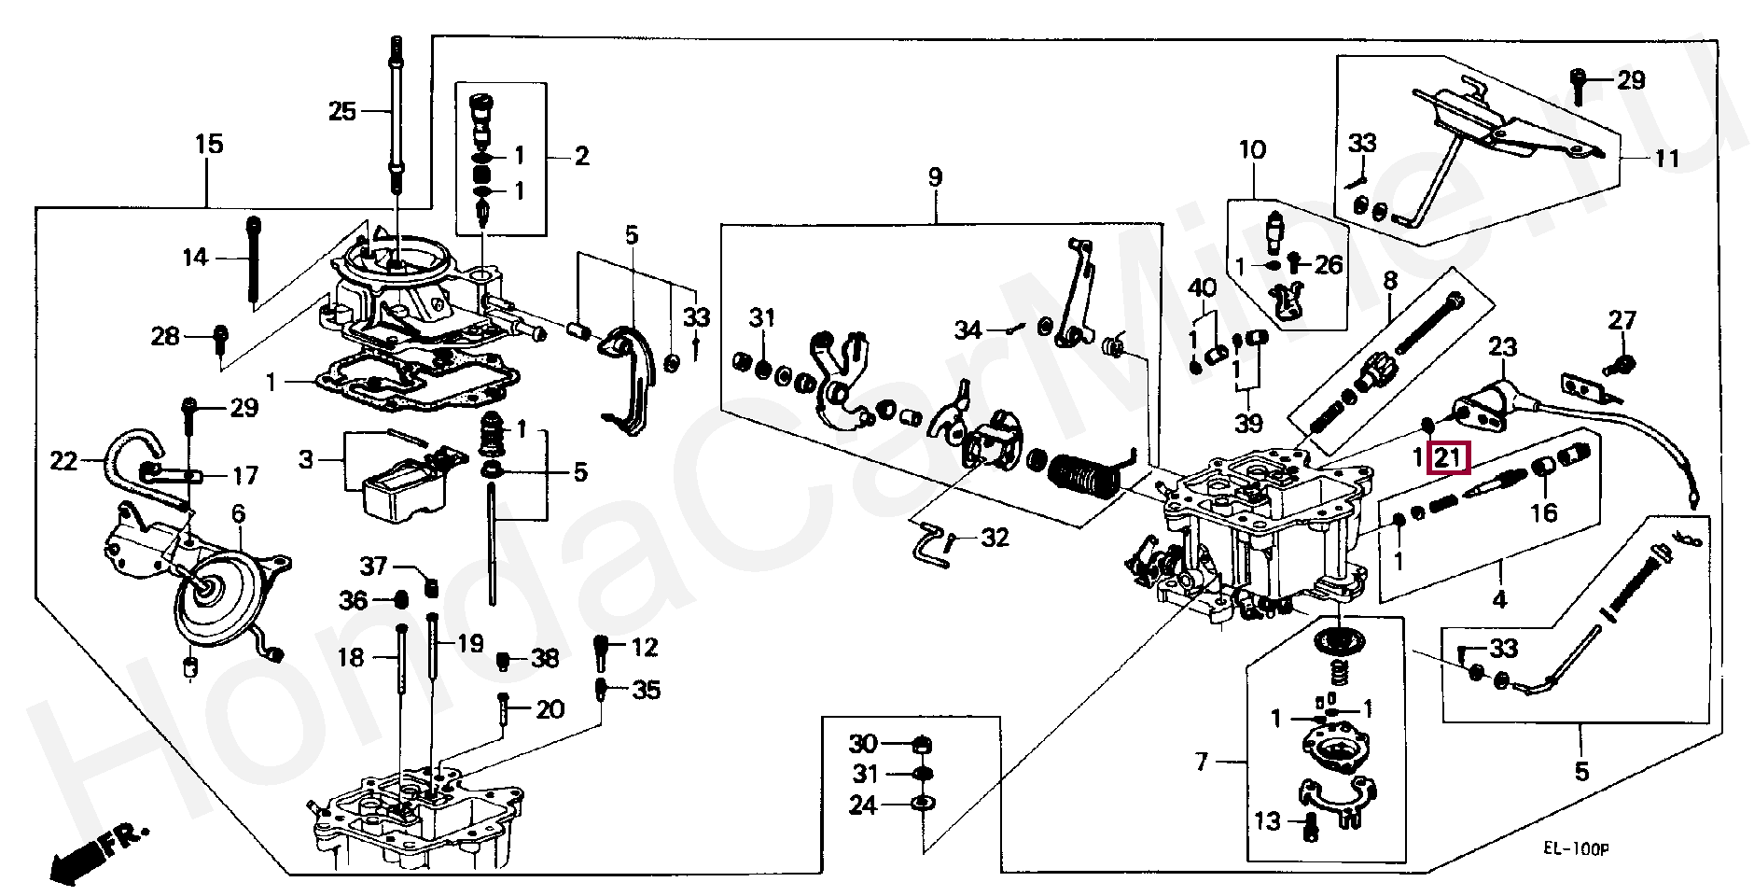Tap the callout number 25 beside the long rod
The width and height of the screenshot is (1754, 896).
click(x=342, y=112)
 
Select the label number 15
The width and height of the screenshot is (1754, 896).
click(x=209, y=144)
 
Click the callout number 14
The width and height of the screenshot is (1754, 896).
click(x=195, y=257)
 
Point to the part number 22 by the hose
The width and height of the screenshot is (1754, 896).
click(x=63, y=460)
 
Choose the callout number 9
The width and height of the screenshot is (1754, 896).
click(x=935, y=176)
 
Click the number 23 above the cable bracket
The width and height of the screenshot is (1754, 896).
click(x=1502, y=347)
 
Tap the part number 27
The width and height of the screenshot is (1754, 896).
click(x=1622, y=320)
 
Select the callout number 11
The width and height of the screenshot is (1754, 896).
click(x=1666, y=158)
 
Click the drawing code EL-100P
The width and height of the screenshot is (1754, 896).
click(x=1575, y=848)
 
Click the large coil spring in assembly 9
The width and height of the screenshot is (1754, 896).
click(x=1083, y=474)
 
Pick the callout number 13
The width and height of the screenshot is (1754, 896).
click(x=1267, y=821)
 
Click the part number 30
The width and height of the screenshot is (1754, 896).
click(x=863, y=744)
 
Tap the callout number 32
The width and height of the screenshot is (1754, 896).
click(x=995, y=538)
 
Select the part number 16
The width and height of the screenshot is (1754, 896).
click(x=1544, y=512)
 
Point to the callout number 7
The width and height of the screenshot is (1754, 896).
click(x=1202, y=763)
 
